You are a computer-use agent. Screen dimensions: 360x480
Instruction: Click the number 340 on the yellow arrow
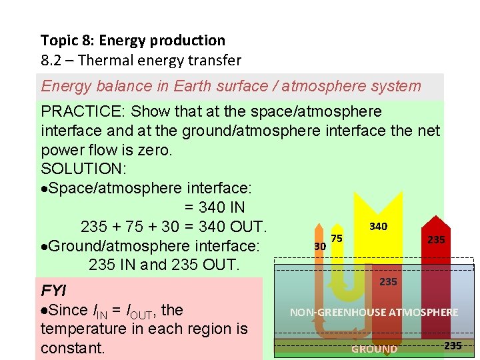pyautogui.click(x=378, y=227)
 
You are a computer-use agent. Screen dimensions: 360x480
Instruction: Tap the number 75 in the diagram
pyautogui.click(x=337, y=238)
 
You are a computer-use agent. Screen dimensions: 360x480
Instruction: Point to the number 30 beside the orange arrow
pyautogui.click(x=320, y=246)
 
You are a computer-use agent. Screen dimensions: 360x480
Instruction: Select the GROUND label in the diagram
pyautogui.click(x=374, y=349)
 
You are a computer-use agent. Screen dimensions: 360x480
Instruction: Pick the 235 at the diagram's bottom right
pyautogui.click(x=453, y=345)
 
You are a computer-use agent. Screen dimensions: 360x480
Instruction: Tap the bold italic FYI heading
pyautogui.click(x=53, y=291)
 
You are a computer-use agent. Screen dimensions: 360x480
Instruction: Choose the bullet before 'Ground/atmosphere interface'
pyautogui.click(x=44, y=246)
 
